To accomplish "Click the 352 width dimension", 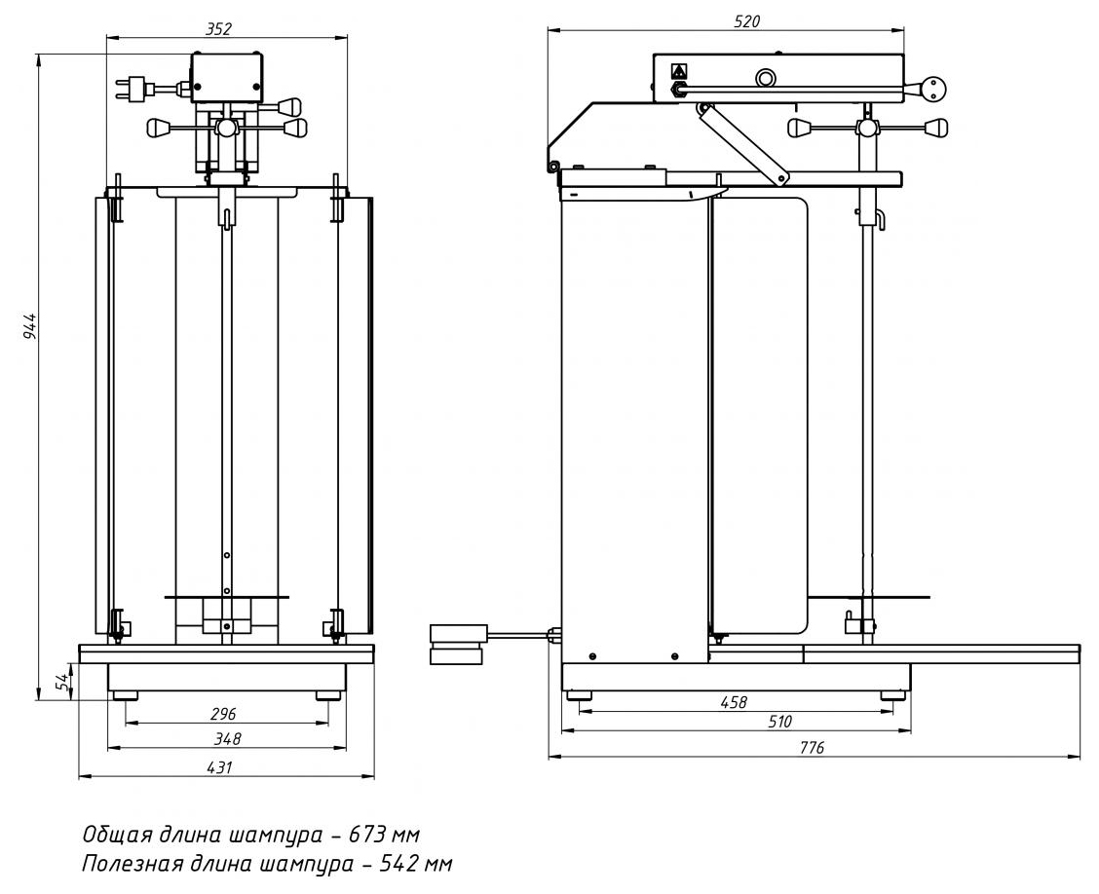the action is point(218,28).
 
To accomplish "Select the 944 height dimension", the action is point(28,326).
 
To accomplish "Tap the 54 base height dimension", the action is point(61,682).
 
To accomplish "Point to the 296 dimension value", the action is point(223,714).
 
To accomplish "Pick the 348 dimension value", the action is point(227,738).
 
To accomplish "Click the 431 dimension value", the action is point(219,767).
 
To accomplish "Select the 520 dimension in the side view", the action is point(746,21).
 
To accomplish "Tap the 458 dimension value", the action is point(734,702).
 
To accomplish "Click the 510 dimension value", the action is point(779,722).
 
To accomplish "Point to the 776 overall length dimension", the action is point(812,748).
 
